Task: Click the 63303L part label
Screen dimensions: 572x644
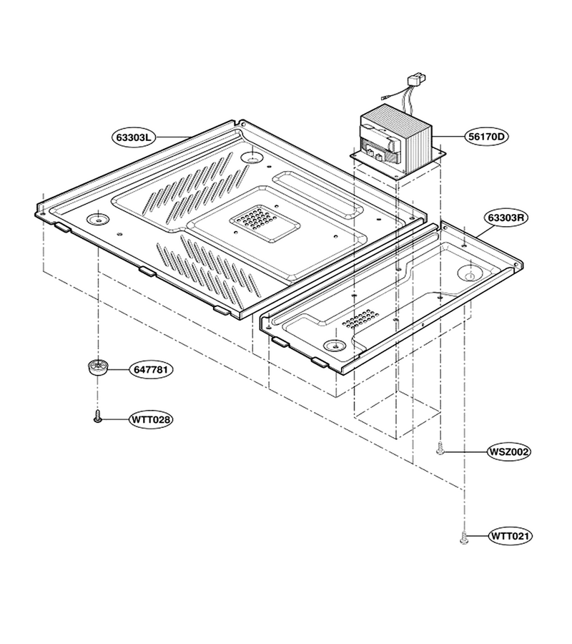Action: click(x=134, y=137)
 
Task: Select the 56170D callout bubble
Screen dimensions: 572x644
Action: click(x=485, y=137)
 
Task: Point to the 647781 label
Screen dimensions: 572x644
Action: click(x=151, y=370)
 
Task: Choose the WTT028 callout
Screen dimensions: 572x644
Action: click(x=151, y=420)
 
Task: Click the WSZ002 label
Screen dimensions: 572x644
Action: click(x=509, y=452)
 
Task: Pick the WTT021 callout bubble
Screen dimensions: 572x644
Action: click(x=510, y=536)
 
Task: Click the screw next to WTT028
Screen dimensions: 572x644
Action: click(x=98, y=416)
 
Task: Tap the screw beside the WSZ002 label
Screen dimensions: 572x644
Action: click(x=440, y=448)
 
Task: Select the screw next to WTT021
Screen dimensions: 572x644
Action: click(x=465, y=537)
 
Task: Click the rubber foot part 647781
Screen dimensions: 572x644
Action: click(x=98, y=366)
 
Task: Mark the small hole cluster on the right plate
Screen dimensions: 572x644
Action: click(x=360, y=318)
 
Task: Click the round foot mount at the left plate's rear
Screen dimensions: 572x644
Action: click(x=252, y=157)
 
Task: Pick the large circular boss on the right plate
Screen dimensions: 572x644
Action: click(x=470, y=273)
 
